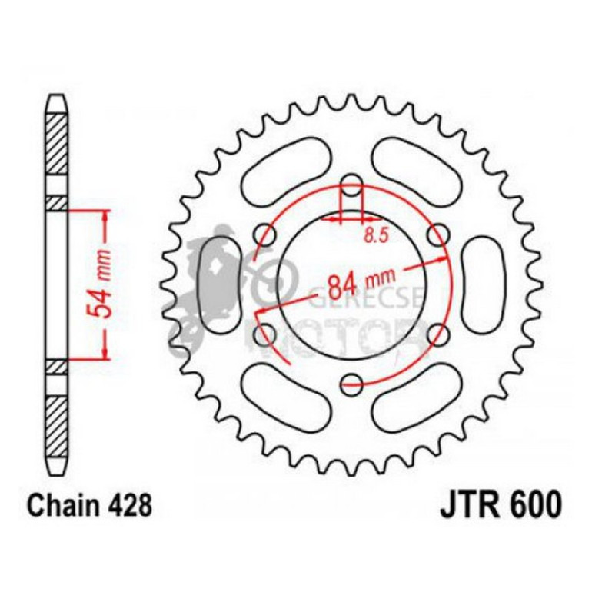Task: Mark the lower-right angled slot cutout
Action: [x=419, y=394]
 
